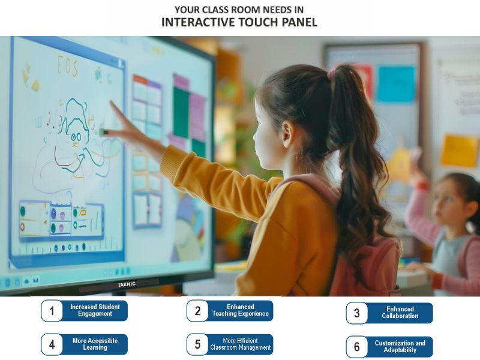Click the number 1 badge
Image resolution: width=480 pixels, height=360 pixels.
point(52,311)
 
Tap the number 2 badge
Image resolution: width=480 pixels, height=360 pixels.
point(197,311)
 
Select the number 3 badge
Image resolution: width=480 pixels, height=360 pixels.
point(357,313)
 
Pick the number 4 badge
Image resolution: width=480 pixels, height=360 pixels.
point(52,344)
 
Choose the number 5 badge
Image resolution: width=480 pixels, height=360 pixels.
point(197,344)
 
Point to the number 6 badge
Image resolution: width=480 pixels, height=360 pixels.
point(357,347)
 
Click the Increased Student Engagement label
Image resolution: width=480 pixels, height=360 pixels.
point(95,311)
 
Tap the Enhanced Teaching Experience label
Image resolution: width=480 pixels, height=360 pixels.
point(241,311)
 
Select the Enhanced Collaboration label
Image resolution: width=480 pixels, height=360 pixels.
point(400,313)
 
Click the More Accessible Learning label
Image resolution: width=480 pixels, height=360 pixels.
point(95,344)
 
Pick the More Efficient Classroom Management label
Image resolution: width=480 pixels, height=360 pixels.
point(241,344)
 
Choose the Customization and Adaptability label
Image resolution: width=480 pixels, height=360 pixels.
point(400,347)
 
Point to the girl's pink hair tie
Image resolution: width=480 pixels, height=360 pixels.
point(331,74)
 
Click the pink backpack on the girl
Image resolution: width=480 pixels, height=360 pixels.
point(366,264)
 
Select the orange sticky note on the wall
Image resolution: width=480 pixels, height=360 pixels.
point(459,150)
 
